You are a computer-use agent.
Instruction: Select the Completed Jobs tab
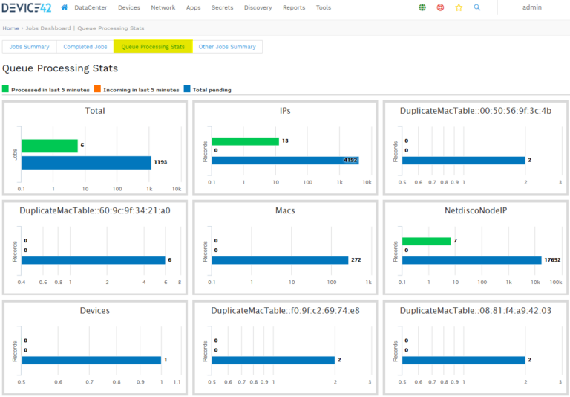[85, 47]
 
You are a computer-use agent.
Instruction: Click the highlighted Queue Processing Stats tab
[153, 47]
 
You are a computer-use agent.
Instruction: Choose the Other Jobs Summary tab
[227, 47]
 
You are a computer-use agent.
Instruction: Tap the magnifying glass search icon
[477, 7]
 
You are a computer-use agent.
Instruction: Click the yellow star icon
[459, 7]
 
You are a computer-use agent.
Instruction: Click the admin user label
[531, 7]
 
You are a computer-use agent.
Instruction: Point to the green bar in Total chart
[49, 146]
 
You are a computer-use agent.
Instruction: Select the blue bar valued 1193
[86, 162]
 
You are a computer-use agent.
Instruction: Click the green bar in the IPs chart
[245, 141]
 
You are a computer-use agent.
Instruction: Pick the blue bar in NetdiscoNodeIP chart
[471, 260]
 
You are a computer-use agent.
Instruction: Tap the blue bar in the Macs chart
[280, 260]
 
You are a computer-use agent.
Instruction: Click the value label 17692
[553, 260]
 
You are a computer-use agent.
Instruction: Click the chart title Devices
[94, 310]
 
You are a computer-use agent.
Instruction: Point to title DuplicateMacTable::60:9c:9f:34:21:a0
[94, 210]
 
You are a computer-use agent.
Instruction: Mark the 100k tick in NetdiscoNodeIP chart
[554, 283]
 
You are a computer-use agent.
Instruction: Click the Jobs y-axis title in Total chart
[14, 154]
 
